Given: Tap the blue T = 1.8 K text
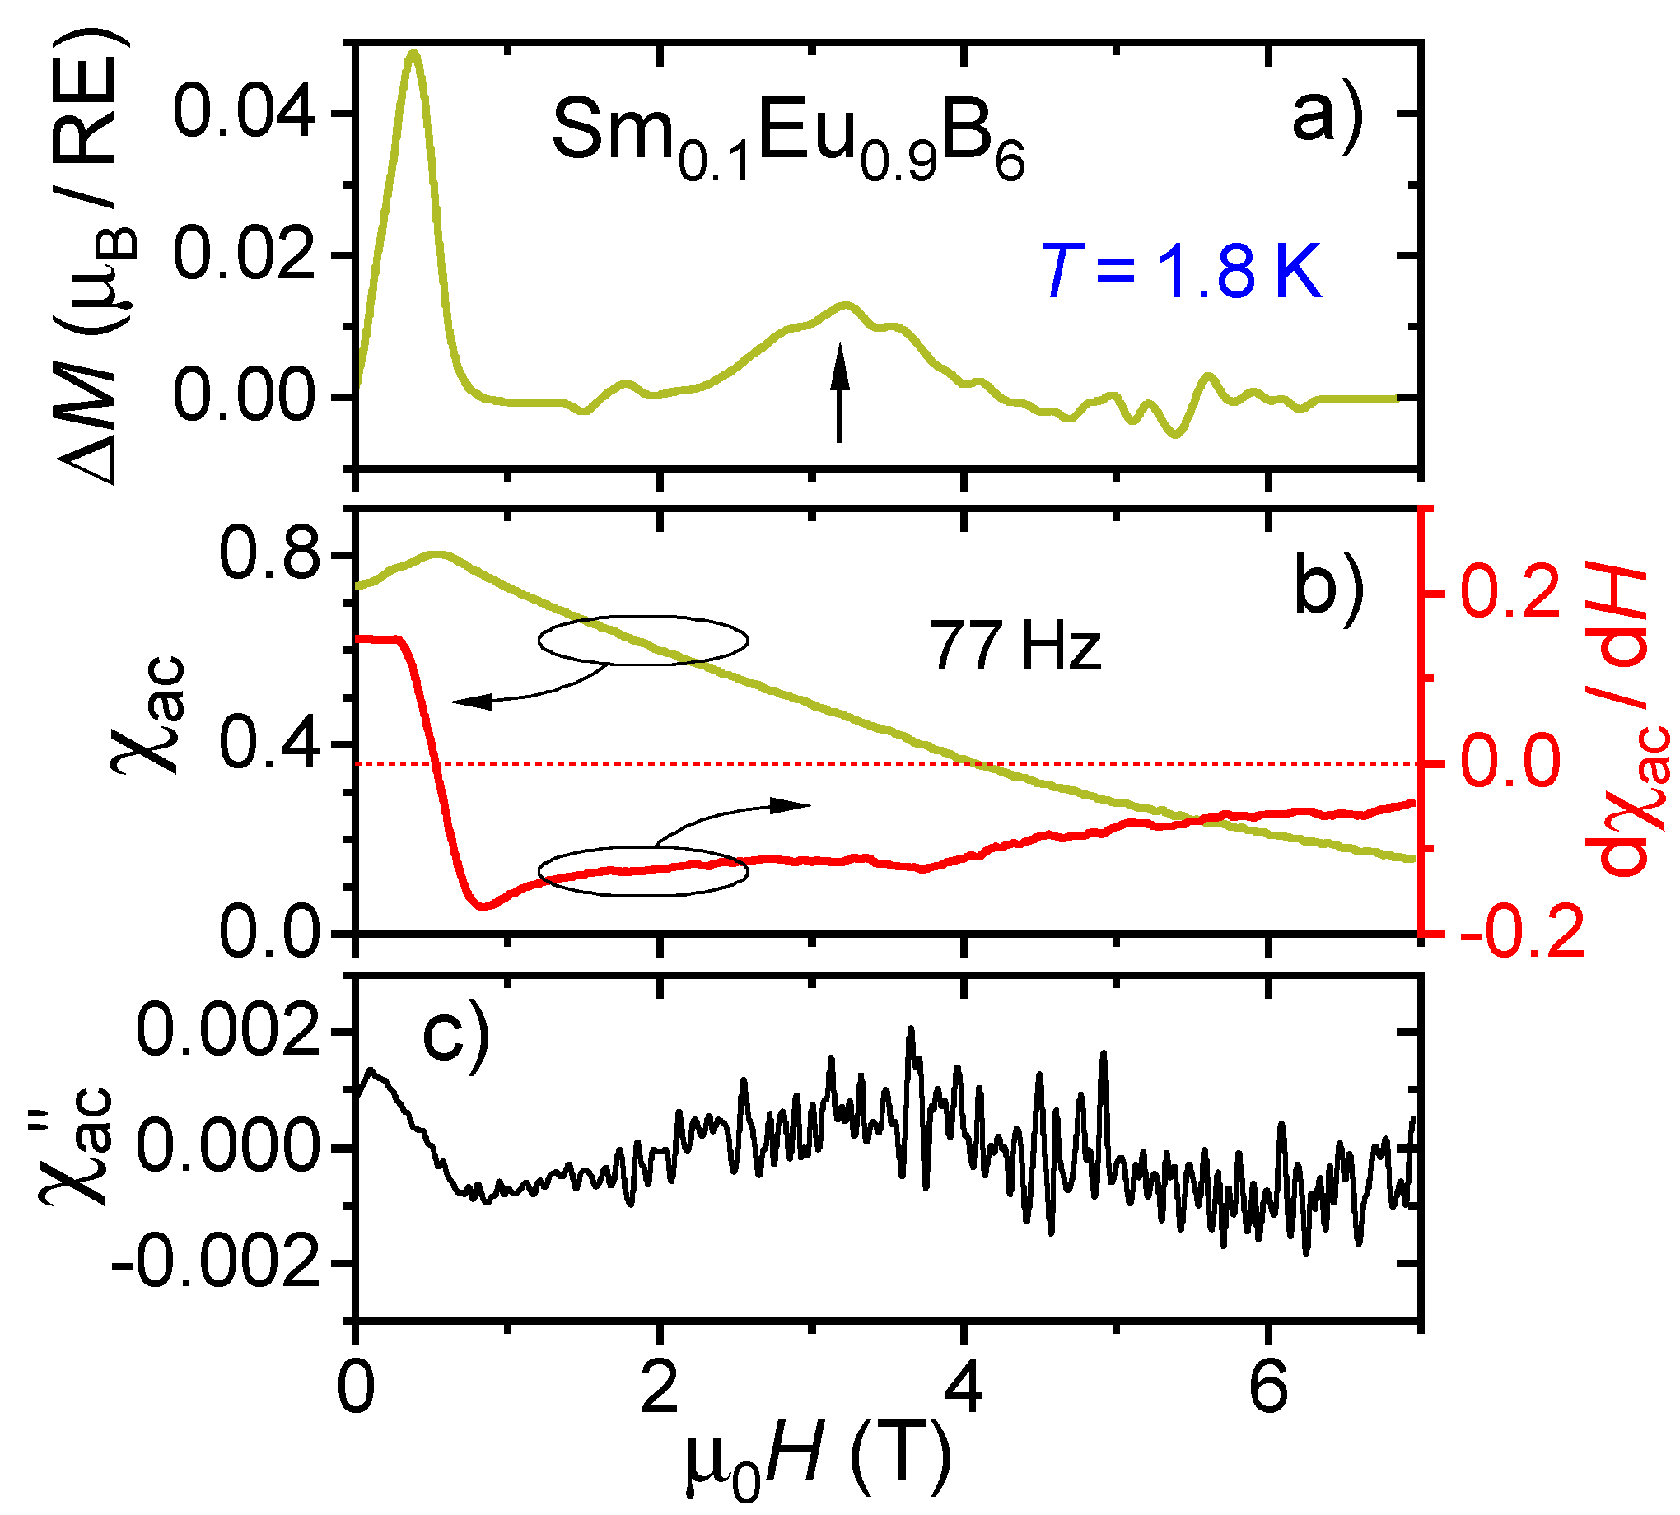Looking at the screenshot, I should pyautogui.click(x=1180, y=273).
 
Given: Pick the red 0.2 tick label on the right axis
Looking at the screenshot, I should pyautogui.click(x=1510, y=593).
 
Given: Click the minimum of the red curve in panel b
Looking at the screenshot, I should pyautogui.click(x=483, y=906).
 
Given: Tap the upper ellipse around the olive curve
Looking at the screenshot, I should pyautogui.click(x=642, y=640).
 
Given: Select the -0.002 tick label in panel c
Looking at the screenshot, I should pyautogui.click(x=215, y=1264).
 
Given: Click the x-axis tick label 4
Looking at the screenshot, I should pyautogui.click(x=964, y=1390).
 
